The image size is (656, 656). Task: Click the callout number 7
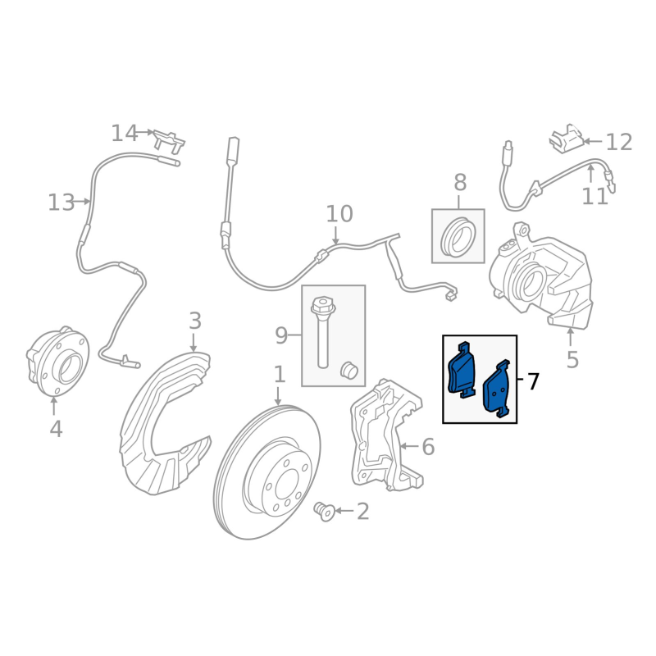pyautogui.click(x=533, y=381)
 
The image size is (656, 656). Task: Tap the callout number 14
pyautogui.click(x=125, y=133)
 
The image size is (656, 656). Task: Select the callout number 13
pyautogui.click(x=61, y=203)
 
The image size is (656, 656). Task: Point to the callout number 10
pyautogui.click(x=339, y=215)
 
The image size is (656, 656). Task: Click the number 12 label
pyautogui.click(x=619, y=143)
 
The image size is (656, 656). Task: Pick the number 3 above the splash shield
pyautogui.click(x=194, y=321)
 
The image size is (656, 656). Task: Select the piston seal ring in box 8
pyautogui.click(x=458, y=239)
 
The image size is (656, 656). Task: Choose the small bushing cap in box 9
pyautogui.click(x=350, y=371)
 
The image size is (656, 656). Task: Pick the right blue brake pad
pyautogui.click(x=497, y=389)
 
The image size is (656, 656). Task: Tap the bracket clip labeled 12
pyautogui.click(x=567, y=139)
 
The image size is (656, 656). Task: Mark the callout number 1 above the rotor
pyautogui.click(x=279, y=375)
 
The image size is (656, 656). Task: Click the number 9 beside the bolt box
pyautogui.click(x=281, y=335)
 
